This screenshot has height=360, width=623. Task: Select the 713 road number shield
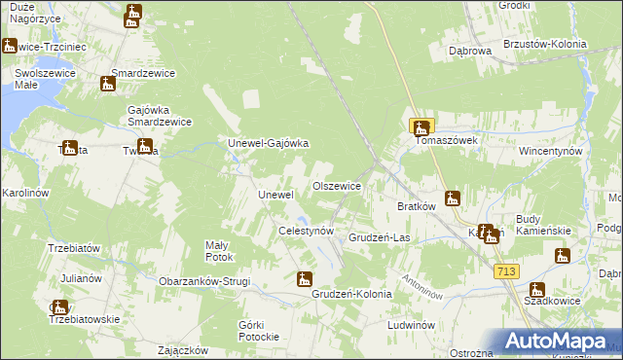506,271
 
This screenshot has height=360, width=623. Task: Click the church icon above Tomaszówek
421,126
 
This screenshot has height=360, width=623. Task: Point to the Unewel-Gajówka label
268,144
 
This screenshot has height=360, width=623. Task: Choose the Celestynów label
307,232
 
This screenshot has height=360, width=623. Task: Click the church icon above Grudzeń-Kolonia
306,279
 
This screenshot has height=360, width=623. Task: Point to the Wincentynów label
550,153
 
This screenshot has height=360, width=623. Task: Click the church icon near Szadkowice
537,289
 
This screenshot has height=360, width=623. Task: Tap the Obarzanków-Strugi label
204,281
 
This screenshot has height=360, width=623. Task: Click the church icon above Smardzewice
107,84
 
